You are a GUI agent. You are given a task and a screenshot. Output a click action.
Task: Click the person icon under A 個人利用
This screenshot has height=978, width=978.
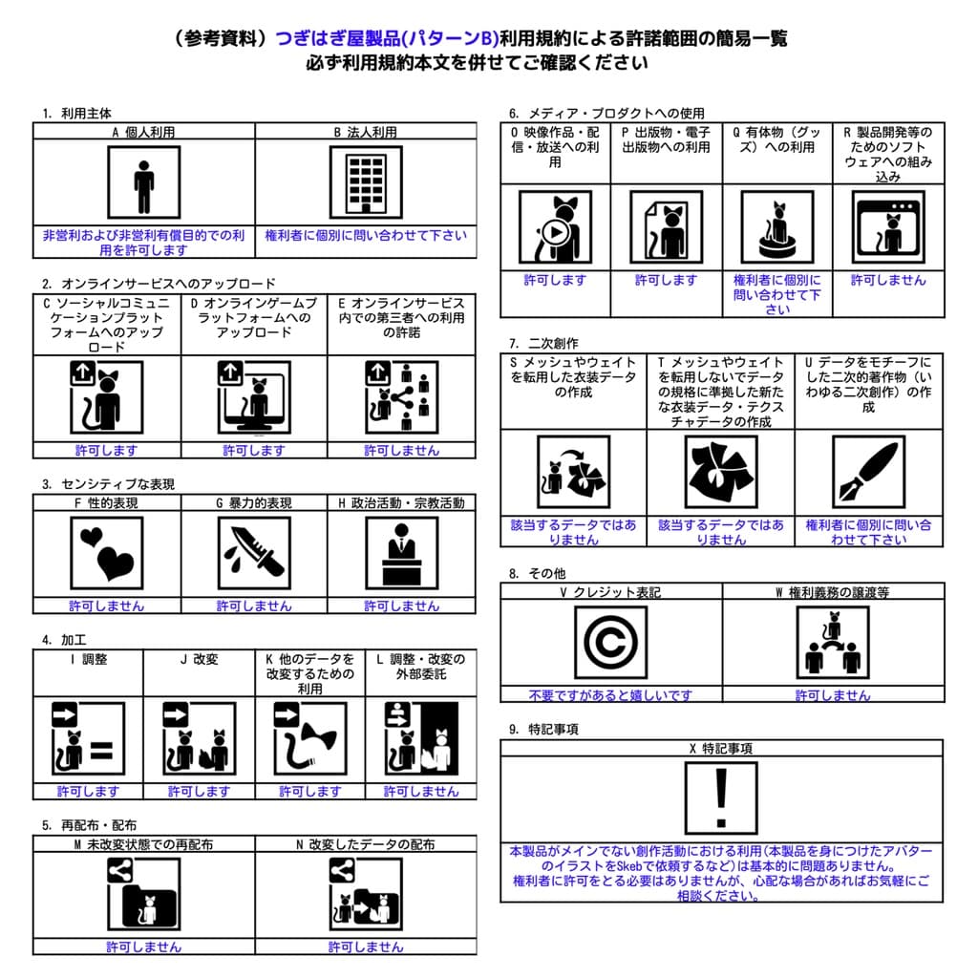pos(143,184)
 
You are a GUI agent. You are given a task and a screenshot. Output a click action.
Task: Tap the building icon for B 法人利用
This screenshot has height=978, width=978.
pos(365,184)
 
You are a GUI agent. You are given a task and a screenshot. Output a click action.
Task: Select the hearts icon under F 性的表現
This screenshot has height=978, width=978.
pos(107,553)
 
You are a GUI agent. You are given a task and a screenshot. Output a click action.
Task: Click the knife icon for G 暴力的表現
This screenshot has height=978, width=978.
pos(254,553)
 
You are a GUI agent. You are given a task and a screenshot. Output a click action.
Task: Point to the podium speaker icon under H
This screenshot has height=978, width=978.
pos(401,553)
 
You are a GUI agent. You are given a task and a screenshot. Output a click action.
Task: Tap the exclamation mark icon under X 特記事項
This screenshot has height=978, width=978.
pos(721,797)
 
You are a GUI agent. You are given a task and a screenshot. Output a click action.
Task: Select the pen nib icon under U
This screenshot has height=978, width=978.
pos(867,473)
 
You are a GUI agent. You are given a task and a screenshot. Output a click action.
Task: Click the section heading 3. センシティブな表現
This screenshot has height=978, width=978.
pos(108,484)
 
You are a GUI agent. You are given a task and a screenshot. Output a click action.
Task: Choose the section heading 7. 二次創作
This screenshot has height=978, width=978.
pos(543,343)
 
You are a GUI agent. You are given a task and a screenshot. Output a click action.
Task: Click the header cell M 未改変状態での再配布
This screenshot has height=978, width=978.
pos(143,844)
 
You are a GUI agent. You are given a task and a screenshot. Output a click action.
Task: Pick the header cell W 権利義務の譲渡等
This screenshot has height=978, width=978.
pos(833,592)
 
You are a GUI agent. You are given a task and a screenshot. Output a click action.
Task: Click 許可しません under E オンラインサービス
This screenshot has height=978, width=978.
pos(401,450)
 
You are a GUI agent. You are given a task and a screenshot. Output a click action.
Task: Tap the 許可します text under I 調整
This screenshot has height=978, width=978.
pos(88,791)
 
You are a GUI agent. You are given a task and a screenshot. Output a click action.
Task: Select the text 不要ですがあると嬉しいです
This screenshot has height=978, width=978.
pos(610,695)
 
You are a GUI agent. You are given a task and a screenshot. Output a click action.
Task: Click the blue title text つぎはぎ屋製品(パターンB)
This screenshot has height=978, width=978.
pos(388,38)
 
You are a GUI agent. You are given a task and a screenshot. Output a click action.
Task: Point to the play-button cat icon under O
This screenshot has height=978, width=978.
pos(555,227)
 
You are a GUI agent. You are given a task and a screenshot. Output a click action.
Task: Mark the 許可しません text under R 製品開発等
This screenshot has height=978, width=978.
pos(888,280)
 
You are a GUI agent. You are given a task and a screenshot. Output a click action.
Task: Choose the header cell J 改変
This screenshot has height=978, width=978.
pos(199,659)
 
